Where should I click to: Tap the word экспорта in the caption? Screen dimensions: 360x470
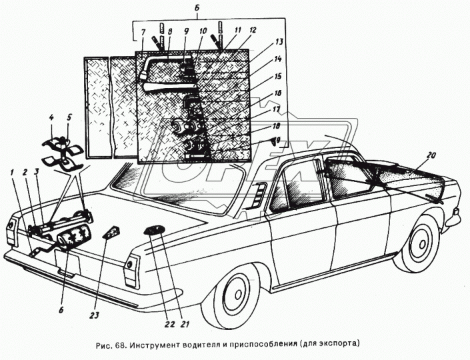coord(339,345)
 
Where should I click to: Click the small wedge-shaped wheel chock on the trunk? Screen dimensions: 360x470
coord(111,233)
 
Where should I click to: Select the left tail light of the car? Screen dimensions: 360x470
coord(11,230)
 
